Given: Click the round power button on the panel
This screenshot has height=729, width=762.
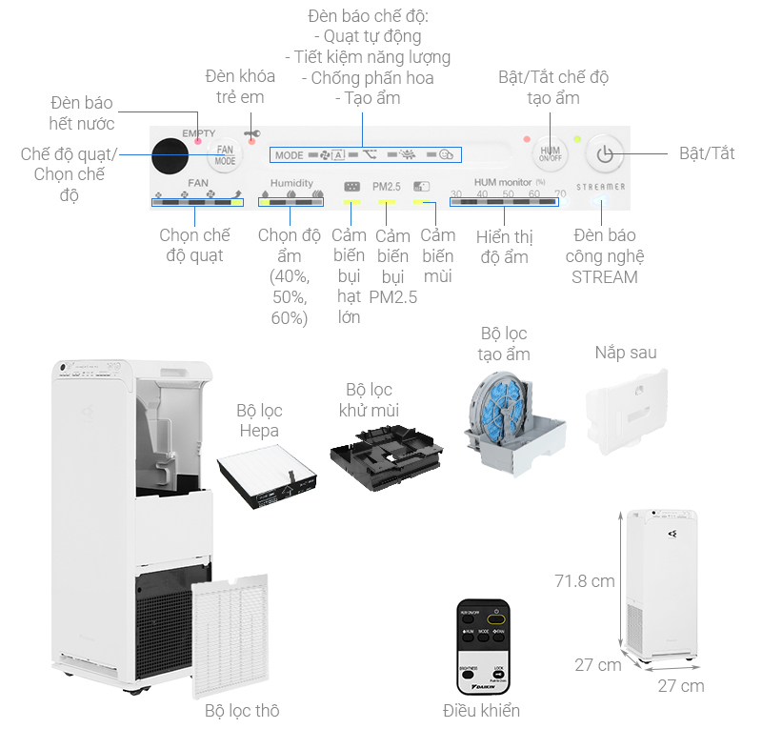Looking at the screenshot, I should point(604,152).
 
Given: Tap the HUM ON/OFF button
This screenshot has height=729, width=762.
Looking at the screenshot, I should point(551,152).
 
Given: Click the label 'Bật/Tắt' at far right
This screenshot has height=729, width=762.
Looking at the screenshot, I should point(707,153).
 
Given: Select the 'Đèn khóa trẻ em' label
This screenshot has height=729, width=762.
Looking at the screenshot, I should point(240,87).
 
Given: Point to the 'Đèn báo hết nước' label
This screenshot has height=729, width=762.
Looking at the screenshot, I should point(82,112).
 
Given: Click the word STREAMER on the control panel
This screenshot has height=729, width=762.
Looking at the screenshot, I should point(601,187).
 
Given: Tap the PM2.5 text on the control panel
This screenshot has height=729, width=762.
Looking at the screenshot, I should point(387,186).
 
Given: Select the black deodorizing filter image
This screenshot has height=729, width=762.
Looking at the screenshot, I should point(387,456).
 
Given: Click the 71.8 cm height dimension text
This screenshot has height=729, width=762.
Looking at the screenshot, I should point(585,580).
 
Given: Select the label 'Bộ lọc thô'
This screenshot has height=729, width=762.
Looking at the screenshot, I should point(242,711).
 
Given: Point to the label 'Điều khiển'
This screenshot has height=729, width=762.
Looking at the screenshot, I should point(482,711).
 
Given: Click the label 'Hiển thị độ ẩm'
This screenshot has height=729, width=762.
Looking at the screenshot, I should point(505,247).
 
